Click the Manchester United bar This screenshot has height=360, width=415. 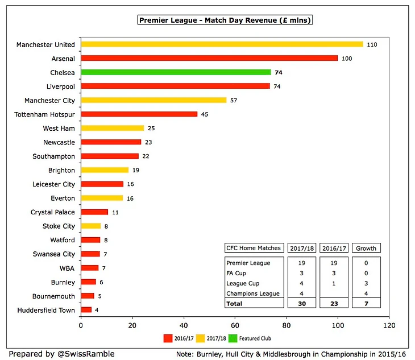click(222, 44)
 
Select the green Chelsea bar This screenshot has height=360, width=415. click(176, 72)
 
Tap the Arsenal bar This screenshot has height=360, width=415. click(209, 58)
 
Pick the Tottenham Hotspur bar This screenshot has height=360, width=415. click(139, 114)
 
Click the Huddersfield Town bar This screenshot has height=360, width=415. click(86, 310)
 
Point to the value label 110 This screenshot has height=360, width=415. click(372, 44)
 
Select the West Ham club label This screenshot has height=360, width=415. click(59, 129)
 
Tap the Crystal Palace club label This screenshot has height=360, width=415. click(52, 212)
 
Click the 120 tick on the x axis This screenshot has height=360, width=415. click(389, 326)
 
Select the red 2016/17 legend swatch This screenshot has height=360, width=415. click(168, 338)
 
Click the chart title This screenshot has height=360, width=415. click(225, 20)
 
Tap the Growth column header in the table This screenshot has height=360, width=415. click(366, 248)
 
